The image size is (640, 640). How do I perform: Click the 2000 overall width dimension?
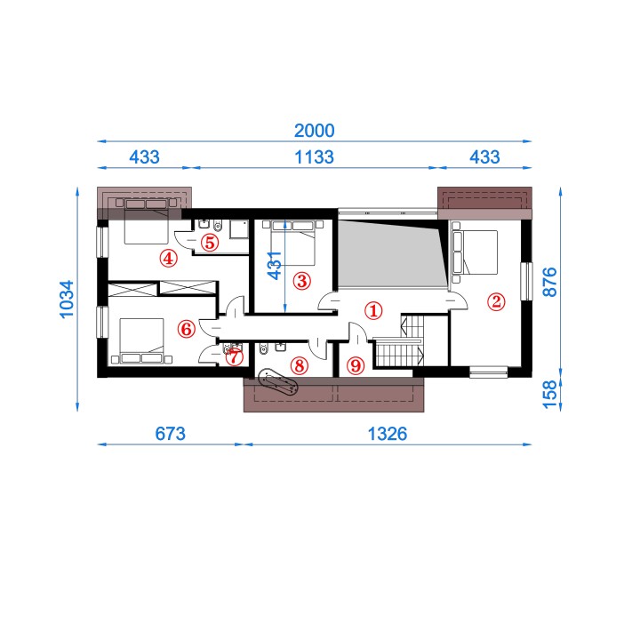click(x=315, y=131)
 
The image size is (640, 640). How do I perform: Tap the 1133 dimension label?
click(x=315, y=157)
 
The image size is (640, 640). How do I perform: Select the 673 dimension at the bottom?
click(x=170, y=434)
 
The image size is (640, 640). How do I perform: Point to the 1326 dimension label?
click(x=388, y=434)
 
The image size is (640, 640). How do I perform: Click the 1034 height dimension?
click(x=67, y=300)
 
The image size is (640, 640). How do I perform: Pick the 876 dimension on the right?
click(x=550, y=282)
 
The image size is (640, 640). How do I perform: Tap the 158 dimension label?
click(x=550, y=395)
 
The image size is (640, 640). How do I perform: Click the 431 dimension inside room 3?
click(x=275, y=265)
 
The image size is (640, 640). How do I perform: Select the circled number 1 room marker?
click(x=373, y=310)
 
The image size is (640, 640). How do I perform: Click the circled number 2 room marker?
click(x=496, y=302)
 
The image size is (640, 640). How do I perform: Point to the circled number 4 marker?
click(x=168, y=259)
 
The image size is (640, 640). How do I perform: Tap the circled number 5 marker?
click(x=210, y=243)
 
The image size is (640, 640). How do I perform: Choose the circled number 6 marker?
click(x=186, y=329)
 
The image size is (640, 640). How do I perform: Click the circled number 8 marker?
click(x=300, y=365)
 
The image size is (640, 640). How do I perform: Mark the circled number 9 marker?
click(x=355, y=365)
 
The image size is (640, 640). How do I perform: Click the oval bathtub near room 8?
click(x=278, y=382)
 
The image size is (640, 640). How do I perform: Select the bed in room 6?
click(x=141, y=341)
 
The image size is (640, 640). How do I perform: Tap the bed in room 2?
click(x=475, y=252)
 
